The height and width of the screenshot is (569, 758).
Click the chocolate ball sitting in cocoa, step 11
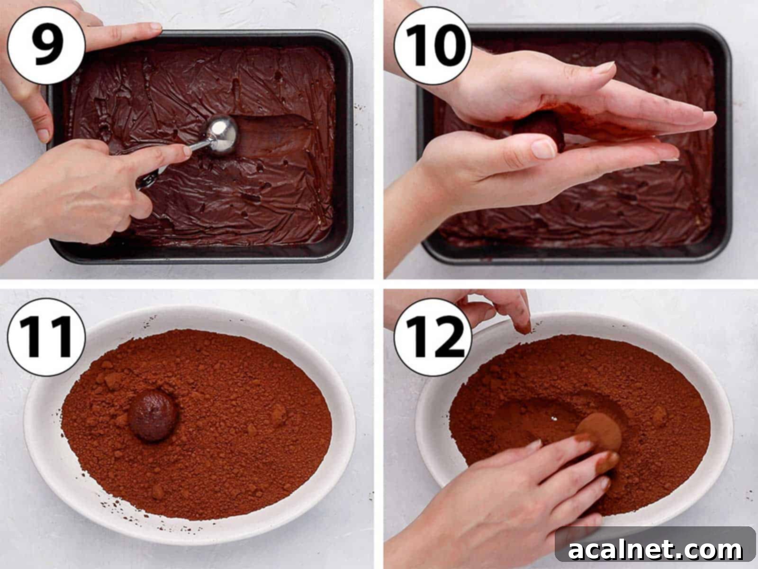(x=153, y=417)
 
